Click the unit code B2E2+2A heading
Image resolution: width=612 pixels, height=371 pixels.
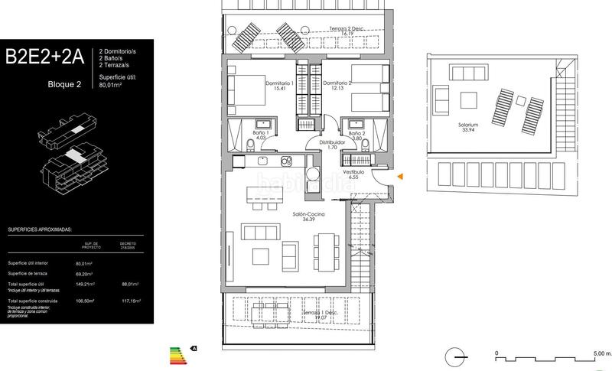pos(47,57)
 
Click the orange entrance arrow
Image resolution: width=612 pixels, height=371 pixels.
pos(399,177)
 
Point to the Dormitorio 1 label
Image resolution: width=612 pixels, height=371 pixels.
pos(279,85)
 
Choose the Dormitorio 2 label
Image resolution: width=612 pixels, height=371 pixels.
pos(337,85)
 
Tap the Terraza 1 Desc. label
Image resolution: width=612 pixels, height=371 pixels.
pos(320,314)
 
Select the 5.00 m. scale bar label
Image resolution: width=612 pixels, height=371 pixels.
pos(600,353)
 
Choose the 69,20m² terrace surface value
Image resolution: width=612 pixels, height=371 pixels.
pos(94,273)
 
